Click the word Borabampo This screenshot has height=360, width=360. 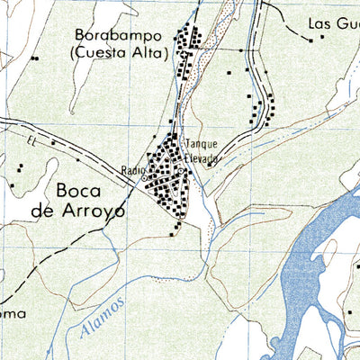pos(119,37)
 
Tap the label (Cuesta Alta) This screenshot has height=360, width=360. pos(119,53)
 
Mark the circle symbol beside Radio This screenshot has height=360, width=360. pos(144,178)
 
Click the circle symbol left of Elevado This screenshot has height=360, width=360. pos(180,170)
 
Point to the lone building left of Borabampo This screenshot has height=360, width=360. pos(34,58)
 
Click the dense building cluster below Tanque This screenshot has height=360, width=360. pos(166,180)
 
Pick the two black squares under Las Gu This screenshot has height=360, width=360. pos(316,39)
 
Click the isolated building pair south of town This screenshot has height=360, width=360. pos(178,227)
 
